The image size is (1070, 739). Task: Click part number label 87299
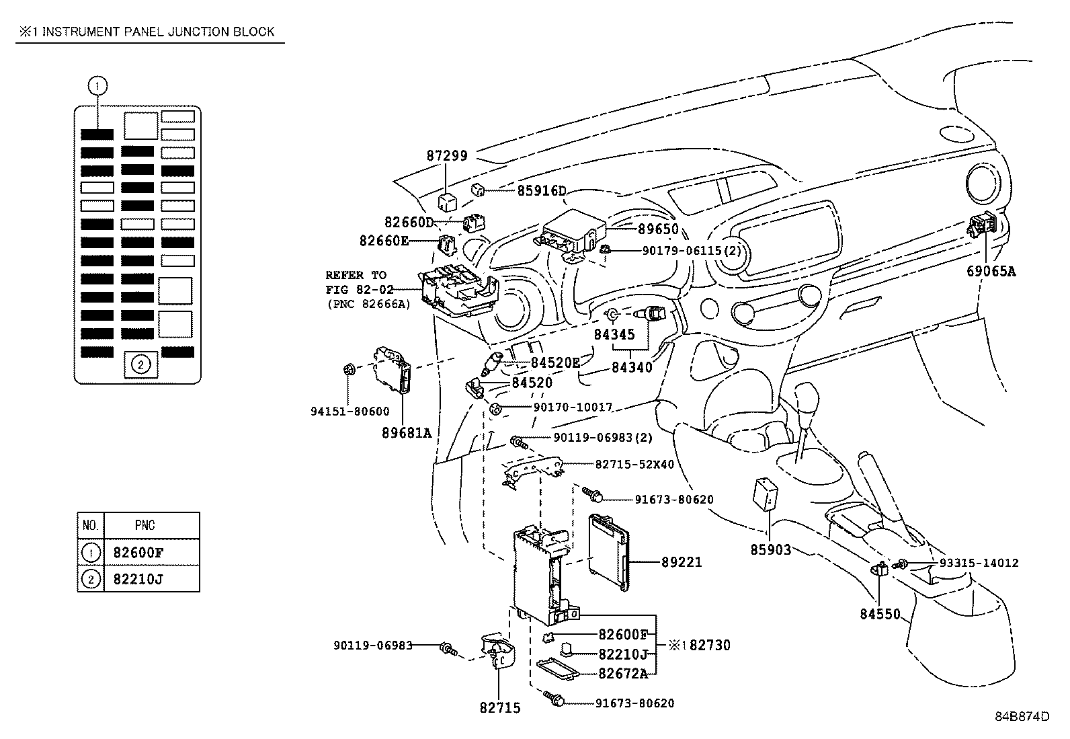point(446,155)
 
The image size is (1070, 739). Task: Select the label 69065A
point(991,272)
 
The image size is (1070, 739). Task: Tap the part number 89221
point(681,561)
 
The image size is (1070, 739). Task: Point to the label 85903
point(770,550)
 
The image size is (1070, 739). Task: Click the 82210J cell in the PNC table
point(138,578)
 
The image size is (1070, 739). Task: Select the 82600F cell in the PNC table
point(138,553)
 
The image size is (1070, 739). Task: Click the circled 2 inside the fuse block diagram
point(140,364)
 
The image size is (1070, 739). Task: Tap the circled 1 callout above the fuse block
point(98,85)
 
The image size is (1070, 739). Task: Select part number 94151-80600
point(349,411)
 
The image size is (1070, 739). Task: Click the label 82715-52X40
point(634,464)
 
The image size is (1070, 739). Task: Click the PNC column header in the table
point(145,525)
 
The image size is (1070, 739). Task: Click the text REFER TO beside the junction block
point(356,275)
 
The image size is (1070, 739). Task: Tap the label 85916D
point(542,190)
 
